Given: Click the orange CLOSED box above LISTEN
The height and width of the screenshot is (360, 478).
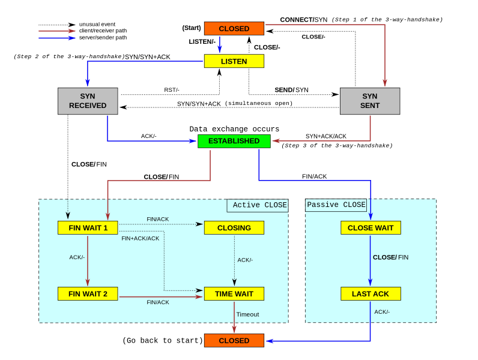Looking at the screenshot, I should pyautogui.click(x=234, y=28).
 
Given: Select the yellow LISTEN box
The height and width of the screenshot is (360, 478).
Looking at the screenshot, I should pyautogui.click(x=234, y=61).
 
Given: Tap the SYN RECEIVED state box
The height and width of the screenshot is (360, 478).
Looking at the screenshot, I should pyautogui.click(x=88, y=101).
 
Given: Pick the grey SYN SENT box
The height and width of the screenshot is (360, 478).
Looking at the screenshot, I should pyautogui.click(x=370, y=101).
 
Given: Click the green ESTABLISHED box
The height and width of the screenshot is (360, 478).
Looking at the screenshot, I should pyautogui.click(x=234, y=141).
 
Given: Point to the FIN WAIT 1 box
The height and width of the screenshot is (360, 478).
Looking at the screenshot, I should pyautogui.click(x=88, y=227).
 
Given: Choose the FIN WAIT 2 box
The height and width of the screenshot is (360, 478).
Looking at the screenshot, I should pyautogui.click(x=88, y=293).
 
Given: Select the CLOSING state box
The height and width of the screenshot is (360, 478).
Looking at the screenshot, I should pyautogui.click(x=234, y=227).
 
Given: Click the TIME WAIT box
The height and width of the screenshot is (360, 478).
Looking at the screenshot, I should pyautogui.click(x=234, y=293).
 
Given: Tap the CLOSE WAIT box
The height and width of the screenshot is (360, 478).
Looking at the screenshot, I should pyautogui.click(x=371, y=227).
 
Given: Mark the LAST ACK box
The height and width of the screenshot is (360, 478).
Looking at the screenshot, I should pyautogui.click(x=371, y=293).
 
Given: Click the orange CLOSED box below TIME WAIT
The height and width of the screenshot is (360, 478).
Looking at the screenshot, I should pyautogui.click(x=234, y=340).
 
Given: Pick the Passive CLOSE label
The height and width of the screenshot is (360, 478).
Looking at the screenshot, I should pyautogui.click(x=336, y=205).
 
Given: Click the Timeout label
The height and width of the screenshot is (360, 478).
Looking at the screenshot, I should pyautogui.click(x=247, y=314).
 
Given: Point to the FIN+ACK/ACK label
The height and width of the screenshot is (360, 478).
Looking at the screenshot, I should pyautogui.click(x=141, y=238).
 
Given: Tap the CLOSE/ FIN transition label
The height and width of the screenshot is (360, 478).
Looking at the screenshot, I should pyautogui.click(x=390, y=257).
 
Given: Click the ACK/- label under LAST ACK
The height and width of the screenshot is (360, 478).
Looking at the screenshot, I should pyautogui.click(x=382, y=311).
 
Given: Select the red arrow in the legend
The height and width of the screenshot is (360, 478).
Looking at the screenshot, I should pyautogui.click(x=57, y=31).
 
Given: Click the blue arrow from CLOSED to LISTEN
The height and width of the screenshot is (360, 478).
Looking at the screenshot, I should pyautogui.click(x=219, y=44).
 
